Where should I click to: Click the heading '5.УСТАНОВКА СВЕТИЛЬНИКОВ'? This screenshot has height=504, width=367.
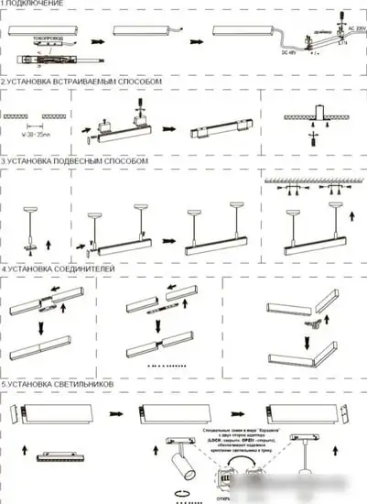pyautogui.click(x=58, y=383)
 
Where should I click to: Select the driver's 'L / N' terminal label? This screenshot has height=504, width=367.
pyautogui.click(x=341, y=42)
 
